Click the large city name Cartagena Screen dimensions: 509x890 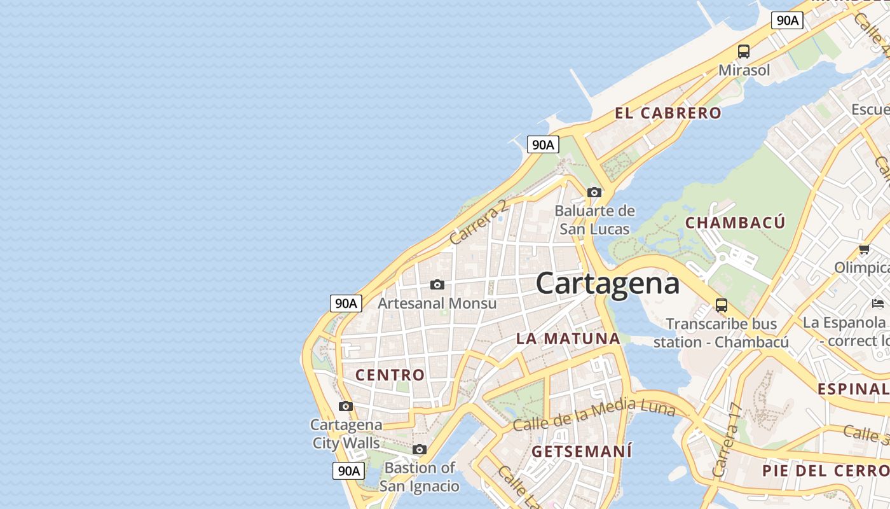tap(607, 283)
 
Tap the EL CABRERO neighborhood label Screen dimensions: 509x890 tap(668, 113)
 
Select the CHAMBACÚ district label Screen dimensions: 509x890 tap(735, 223)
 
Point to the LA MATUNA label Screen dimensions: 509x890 tap(568, 338)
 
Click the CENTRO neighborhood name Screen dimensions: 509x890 tap(390, 375)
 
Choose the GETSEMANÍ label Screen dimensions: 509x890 tap(582, 452)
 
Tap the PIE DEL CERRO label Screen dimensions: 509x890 tap(825, 471)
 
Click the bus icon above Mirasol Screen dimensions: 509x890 tap(743, 52)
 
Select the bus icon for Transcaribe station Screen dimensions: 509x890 tap(721, 305)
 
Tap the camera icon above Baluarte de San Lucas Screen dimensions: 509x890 tap(594, 192)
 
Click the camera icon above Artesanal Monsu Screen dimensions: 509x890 tap(437, 284)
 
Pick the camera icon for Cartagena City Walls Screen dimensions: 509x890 tap(345, 406)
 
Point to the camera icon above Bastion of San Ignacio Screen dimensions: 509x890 tap(419, 450)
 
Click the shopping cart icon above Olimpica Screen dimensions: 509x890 tap(863, 249)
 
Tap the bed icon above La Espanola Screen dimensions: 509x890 tap(878, 303)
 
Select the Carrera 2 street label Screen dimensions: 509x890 tap(479, 222)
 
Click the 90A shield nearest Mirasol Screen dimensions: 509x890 tap(787, 20)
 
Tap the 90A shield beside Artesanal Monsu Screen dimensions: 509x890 tap(346, 303)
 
